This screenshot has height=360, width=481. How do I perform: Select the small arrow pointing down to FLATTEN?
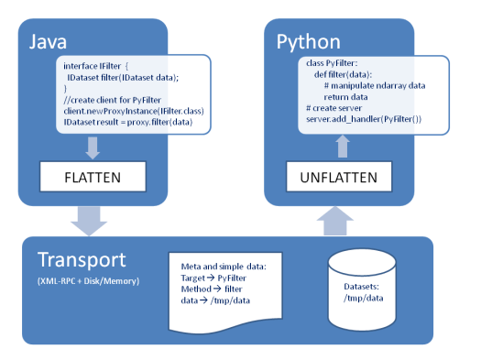[x=93, y=147]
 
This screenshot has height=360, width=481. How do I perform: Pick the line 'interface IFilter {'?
[x=101, y=66]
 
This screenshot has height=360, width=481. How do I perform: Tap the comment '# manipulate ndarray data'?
[x=376, y=84]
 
